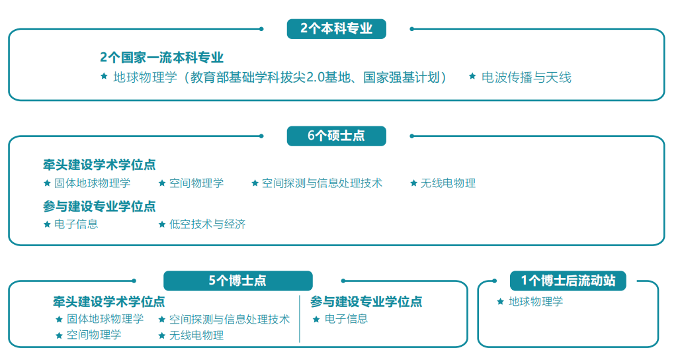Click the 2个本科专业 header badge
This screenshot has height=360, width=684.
coord(336,29)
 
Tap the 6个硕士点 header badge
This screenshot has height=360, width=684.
coord(336,136)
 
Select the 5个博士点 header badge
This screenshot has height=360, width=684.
coord(238,281)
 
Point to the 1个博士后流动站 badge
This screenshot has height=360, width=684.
coord(568,281)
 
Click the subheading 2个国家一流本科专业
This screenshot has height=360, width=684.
coord(161,57)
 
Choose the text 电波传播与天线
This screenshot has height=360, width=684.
coord(526,77)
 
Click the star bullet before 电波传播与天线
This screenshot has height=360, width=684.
coord(472,76)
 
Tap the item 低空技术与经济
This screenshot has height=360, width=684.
coord(207,224)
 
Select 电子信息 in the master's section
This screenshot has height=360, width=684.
coord(76,224)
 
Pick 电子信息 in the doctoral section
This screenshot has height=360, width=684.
coord(346,319)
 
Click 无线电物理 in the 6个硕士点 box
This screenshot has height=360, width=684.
coord(448,183)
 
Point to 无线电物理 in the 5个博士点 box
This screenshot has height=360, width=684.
coord(196,335)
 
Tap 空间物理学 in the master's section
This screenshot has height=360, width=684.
coord(196,183)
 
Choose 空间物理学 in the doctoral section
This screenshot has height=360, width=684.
coord(94,335)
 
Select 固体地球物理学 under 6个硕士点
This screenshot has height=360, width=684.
coord(92,183)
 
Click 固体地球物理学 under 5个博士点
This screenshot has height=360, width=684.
coord(105,319)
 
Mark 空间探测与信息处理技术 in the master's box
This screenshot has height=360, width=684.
coord(322,183)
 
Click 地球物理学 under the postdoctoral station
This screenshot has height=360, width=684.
coord(536,302)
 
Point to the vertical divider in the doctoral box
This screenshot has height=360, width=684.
coord(300,319)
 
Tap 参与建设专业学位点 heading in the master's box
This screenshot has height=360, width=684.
coord(99,206)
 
